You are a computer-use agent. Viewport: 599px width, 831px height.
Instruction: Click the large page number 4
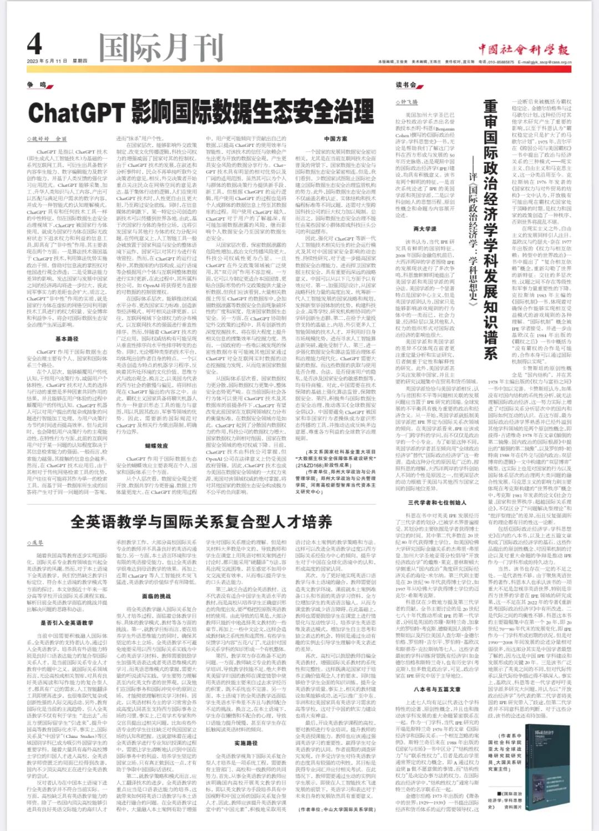pos(35,44)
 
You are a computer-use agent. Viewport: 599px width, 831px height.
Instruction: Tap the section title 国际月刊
pos(161,48)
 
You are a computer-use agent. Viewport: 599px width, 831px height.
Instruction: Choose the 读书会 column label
pos(406,85)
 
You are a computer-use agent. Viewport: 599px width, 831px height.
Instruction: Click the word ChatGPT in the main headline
pos(75,113)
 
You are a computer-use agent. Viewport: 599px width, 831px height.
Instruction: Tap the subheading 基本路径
pos(67,339)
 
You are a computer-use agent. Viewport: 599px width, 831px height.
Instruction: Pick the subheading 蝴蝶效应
pos(156,446)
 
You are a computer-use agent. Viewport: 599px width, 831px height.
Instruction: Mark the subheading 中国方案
pos(336,139)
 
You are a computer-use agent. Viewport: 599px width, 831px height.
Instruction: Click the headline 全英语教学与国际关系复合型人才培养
pos(201,522)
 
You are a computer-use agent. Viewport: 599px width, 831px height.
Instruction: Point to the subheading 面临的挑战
pos(156,597)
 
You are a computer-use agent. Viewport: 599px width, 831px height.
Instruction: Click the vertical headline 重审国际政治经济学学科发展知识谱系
pos(490,230)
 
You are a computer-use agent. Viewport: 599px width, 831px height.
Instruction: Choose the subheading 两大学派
pos(425,228)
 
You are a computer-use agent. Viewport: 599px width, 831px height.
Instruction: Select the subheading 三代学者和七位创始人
pos(437,502)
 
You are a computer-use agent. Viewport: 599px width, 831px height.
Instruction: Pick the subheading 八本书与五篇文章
pos(437,689)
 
